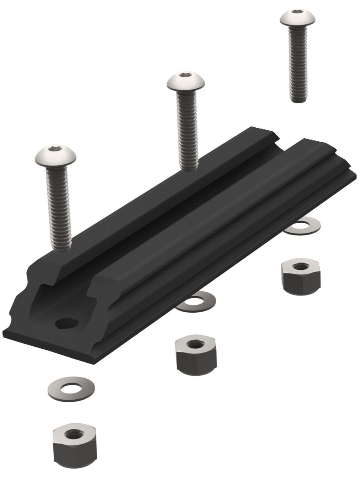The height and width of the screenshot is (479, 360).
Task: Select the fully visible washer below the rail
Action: [71, 389]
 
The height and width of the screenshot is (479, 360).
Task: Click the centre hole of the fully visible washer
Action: [71, 389]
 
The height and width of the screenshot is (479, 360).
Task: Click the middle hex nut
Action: [196, 355]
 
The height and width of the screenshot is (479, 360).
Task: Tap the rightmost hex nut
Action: [301, 276]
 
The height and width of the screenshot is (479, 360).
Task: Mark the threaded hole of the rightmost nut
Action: [301, 266]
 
